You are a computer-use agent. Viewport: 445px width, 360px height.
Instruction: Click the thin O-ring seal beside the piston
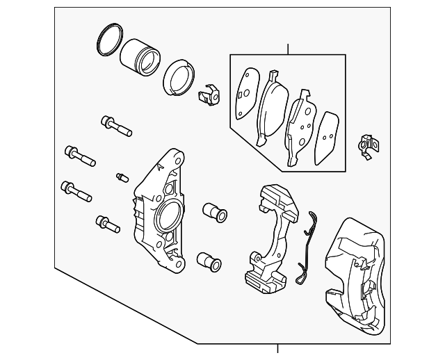point(108,41)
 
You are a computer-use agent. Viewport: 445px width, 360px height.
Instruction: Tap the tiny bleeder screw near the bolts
point(122,177)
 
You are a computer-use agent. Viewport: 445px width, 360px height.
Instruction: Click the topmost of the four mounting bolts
point(115,126)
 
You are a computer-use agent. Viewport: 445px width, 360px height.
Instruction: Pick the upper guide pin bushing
point(214,212)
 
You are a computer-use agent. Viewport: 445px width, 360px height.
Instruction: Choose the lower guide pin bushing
point(209,262)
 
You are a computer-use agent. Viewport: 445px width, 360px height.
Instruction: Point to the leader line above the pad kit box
point(288,49)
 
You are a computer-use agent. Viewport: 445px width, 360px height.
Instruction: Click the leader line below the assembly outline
point(278,351)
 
